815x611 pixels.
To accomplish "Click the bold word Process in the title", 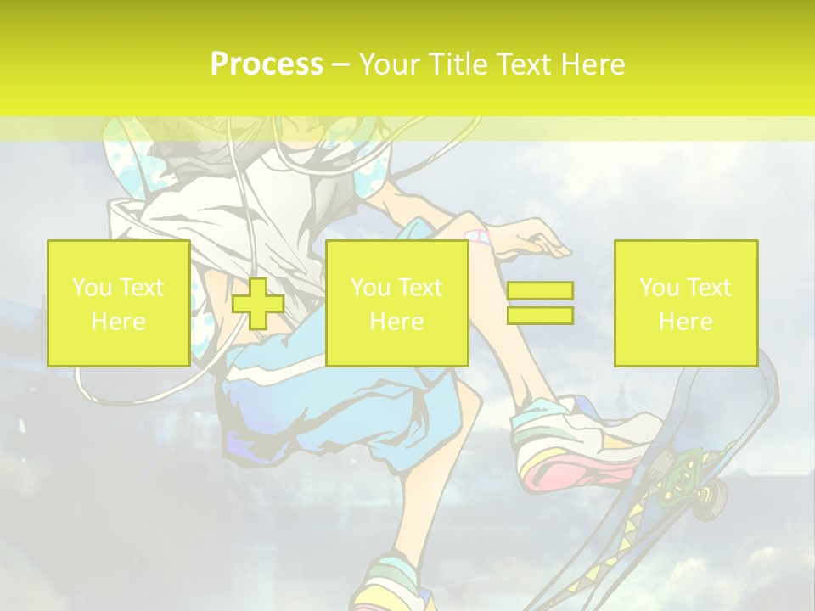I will (x=267, y=64).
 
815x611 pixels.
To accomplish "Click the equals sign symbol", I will (x=540, y=303).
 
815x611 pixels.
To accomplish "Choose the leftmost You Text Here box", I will (x=118, y=303).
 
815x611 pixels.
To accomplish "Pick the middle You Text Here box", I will (x=396, y=303).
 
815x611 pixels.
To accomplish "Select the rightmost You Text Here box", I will (x=685, y=303).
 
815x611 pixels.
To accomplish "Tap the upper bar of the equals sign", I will (x=540, y=291).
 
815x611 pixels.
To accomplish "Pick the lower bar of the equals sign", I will (x=540, y=315).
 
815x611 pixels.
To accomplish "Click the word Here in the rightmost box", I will (x=685, y=321).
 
